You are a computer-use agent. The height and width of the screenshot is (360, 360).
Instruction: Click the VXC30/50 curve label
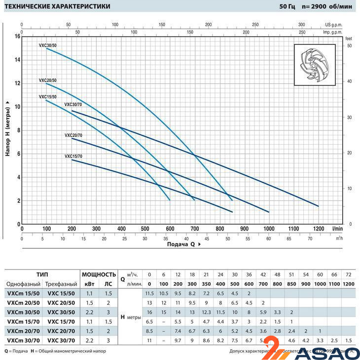[47, 45]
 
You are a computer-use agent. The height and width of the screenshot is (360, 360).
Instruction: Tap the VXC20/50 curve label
[47, 80]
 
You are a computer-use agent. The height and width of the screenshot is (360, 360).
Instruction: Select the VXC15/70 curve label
[73, 156]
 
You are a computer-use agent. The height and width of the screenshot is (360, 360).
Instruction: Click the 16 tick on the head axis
[17, 36]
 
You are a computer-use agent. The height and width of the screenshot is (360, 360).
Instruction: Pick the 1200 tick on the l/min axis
[319, 229]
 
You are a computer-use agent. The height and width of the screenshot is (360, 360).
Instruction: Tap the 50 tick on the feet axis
[349, 46]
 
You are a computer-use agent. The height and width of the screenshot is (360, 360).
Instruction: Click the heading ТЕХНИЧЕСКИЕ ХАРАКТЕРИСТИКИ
[58, 6]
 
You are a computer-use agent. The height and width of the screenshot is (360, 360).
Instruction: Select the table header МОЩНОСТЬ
[99, 274]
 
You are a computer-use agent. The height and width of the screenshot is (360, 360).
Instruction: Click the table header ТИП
[42, 274]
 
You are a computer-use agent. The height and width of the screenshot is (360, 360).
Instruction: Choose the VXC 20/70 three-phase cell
[61, 331]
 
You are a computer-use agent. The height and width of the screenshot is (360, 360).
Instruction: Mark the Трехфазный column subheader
[61, 284]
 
